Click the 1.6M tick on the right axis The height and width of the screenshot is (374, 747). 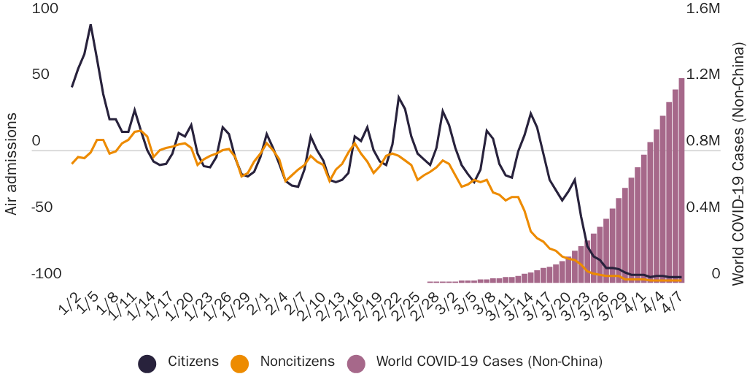click(700, 8)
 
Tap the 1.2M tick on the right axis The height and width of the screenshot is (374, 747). click(700, 75)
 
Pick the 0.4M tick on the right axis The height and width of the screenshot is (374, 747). click(700, 207)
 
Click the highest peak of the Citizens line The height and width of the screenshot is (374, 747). click(90, 25)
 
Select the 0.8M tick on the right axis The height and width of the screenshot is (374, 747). click(700, 141)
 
